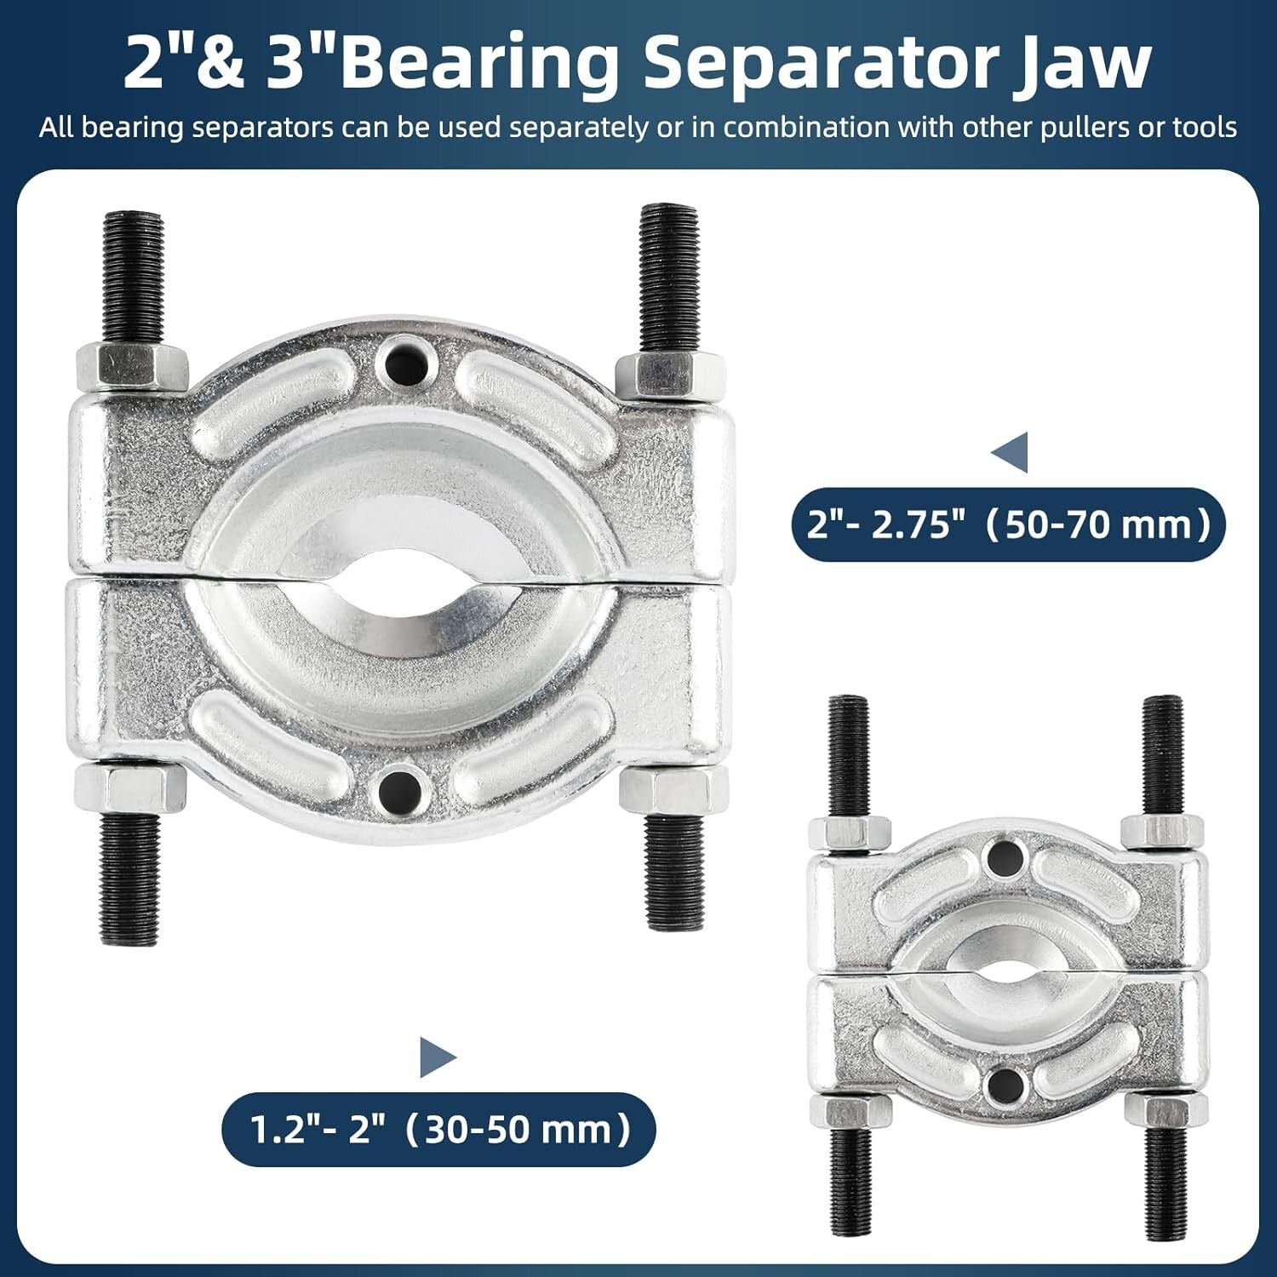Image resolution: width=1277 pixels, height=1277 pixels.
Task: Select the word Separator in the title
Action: [820, 64]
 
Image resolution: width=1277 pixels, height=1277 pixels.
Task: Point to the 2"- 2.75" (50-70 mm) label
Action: [1009, 524]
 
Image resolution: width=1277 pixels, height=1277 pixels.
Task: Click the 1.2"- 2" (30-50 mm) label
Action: [439, 1130]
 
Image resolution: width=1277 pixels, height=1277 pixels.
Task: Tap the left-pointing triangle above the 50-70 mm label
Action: [1010, 452]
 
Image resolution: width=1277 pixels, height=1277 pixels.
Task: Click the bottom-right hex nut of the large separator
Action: [673, 789]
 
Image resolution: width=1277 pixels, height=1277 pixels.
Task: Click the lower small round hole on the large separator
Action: [401, 789]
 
